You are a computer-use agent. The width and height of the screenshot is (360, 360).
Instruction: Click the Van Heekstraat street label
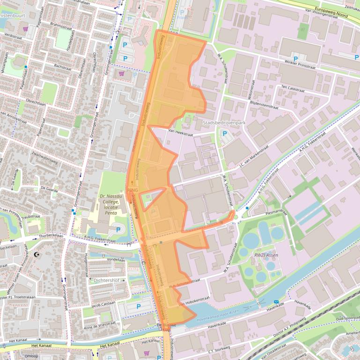(180, 133)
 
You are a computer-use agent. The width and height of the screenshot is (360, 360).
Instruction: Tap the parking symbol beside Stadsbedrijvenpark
(224, 134)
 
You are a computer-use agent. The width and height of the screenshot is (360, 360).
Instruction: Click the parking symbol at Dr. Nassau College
(118, 230)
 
